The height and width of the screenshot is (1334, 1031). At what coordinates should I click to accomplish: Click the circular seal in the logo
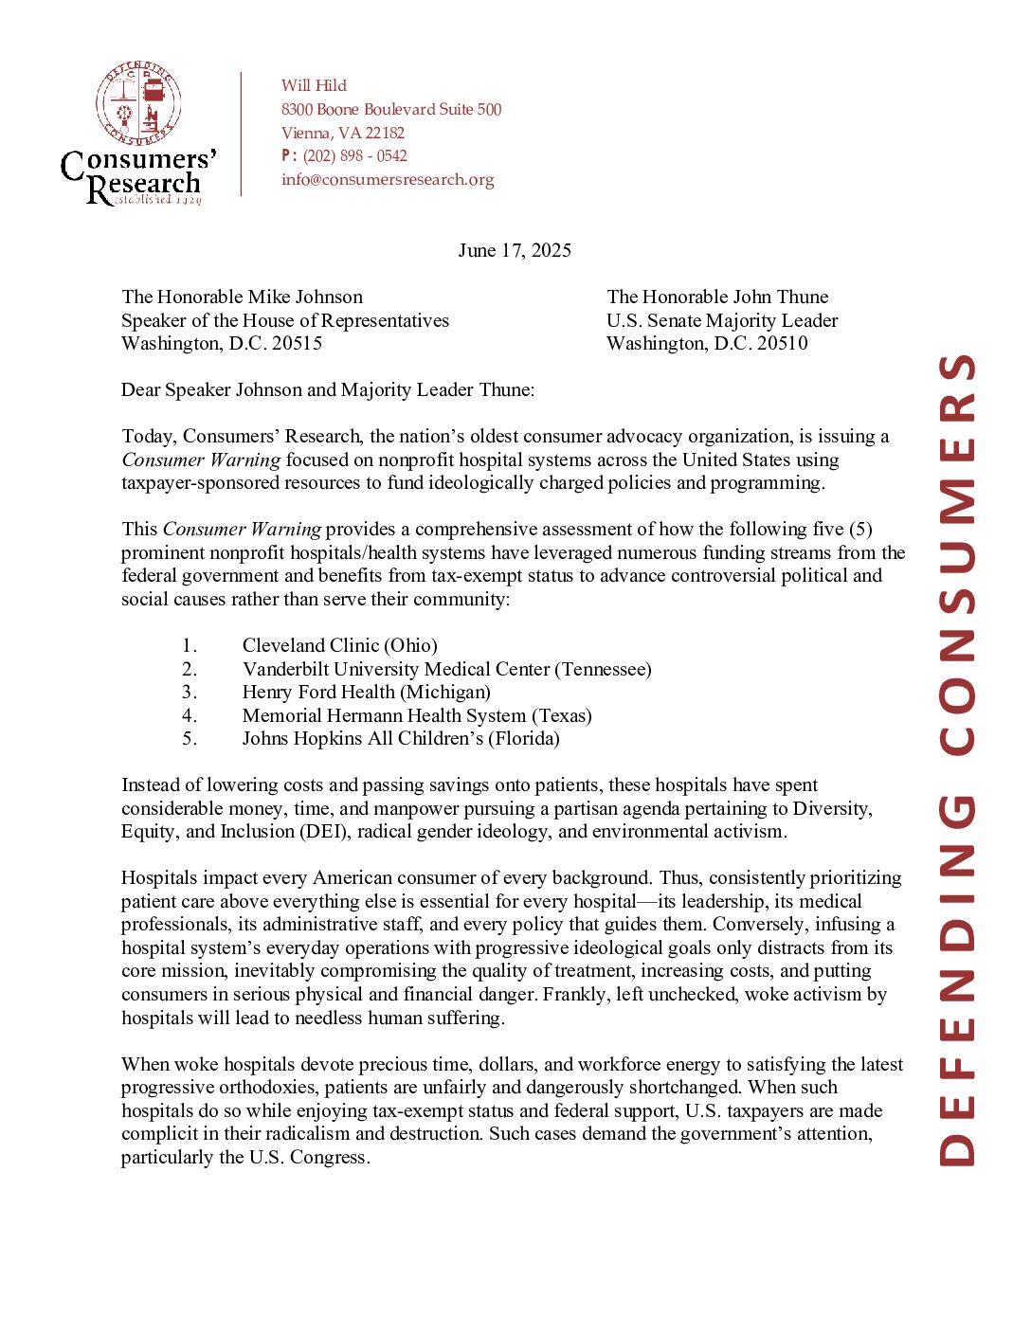pyautogui.click(x=138, y=104)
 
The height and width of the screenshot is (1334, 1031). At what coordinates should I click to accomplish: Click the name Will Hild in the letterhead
pyautogui.click(x=314, y=85)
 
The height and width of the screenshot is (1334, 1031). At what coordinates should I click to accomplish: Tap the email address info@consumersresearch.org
pyautogui.click(x=388, y=179)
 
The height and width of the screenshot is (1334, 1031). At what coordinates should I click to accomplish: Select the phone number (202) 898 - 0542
pyautogui.click(x=354, y=156)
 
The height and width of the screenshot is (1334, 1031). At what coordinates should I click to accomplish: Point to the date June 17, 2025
pyautogui.click(x=515, y=250)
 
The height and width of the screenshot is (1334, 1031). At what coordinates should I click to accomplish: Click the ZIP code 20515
pyautogui.click(x=297, y=343)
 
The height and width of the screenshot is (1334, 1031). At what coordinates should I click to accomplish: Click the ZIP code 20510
pyautogui.click(x=783, y=343)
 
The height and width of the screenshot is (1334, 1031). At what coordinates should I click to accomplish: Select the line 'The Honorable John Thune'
pyautogui.click(x=717, y=297)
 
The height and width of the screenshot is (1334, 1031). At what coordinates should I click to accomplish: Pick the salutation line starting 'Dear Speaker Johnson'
pyautogui.click(x=328, y=389)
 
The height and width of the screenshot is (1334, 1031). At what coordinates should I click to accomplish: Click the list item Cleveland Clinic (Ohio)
pyautogui.click(x=339, y=645)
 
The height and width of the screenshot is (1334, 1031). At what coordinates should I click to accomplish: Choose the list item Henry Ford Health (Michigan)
pyautogui.click(x=366, y=692)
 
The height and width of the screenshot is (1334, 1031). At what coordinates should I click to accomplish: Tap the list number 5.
pyautogui.click(x=190, y=738)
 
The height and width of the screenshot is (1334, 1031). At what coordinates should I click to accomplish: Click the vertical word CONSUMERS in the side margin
pyautogui.click(x=957, y=554)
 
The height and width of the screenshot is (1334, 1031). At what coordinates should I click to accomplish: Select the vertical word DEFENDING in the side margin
pyautogui.click(x=957, y=980)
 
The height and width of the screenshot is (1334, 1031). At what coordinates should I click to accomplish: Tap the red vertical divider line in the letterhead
pyautogui.click(x=242, y=134)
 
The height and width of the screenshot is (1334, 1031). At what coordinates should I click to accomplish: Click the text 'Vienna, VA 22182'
pyautogui.click(x=342, y=133)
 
